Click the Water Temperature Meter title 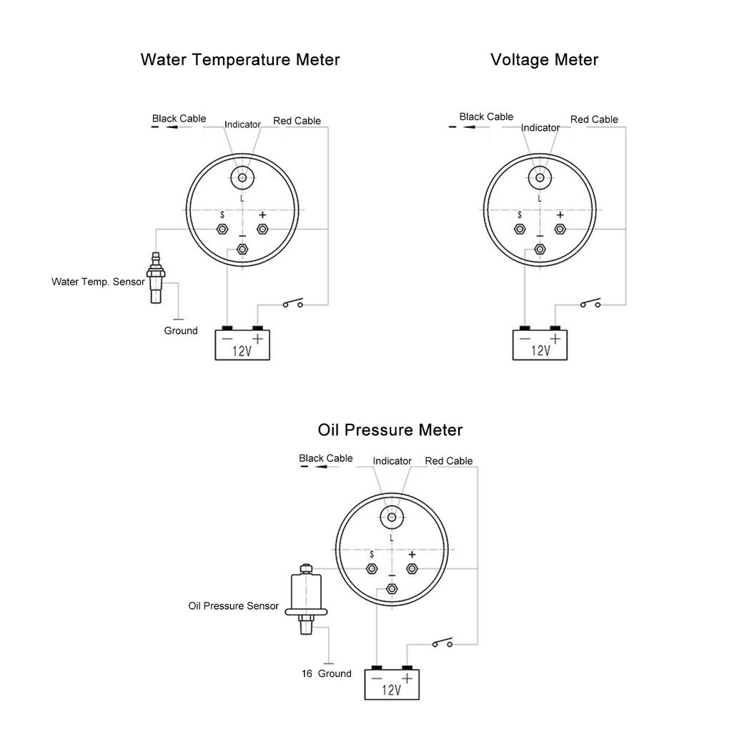tap(240, 59)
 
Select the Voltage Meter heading tap(544, 59)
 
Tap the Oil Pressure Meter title tap(390, 430)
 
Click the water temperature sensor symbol tap(155, 278)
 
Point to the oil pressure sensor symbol tap(306, 599)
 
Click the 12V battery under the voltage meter tap(541, 345)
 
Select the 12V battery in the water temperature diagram tap(243, 345)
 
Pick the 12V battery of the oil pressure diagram tap(392, 684)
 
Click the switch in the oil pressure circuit tap(442, 643)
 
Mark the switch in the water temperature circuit tap(292, 303)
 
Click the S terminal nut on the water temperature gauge tap(222, 229)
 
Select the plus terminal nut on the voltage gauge tap(560, 229)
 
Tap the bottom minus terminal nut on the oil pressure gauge tap(392, 589)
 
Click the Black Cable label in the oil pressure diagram tap(326, 458)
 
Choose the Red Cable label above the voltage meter tap(594, 119)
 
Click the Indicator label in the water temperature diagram tap(242, 124)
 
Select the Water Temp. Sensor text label tap(98, 282)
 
